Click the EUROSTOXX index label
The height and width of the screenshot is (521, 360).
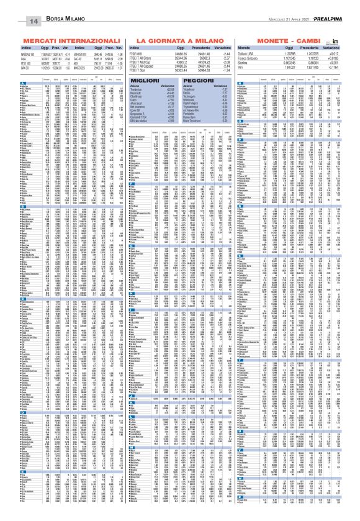click(83, 52)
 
